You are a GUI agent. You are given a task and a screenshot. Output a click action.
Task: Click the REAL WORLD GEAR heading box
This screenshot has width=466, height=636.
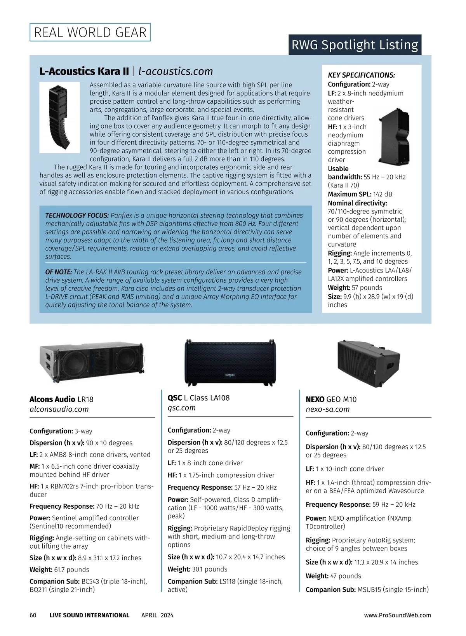click(90, 32)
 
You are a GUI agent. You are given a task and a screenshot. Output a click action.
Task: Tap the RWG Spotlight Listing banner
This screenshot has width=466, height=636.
click(355, 45)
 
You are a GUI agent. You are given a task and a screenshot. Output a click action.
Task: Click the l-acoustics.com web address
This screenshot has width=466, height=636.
click(176, 71)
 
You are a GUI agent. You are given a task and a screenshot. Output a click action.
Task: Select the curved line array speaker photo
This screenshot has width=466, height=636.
click(59, 117)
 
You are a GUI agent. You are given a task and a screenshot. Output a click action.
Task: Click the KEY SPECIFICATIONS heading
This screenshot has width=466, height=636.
click(361, 75)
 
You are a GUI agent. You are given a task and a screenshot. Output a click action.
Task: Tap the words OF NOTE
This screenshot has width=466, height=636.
click(58, 272)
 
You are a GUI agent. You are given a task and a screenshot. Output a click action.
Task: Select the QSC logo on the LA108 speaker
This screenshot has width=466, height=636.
click(230, 375)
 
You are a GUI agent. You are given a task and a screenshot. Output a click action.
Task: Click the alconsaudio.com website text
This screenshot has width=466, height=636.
click(59, 409)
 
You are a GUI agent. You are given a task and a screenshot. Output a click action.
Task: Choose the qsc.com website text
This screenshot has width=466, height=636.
click(181, 408)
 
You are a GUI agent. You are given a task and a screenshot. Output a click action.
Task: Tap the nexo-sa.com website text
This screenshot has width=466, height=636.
click(327, 409)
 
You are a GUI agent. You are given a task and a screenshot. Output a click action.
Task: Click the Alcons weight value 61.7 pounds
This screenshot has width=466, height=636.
click(71, 570)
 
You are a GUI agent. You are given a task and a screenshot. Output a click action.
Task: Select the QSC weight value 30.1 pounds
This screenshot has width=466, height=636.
click(210, 569)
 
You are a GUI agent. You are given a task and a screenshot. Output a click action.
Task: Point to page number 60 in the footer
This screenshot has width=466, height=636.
click(33, 615)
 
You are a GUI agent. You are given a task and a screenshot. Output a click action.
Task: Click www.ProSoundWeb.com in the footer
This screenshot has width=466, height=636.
click(397, 615)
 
